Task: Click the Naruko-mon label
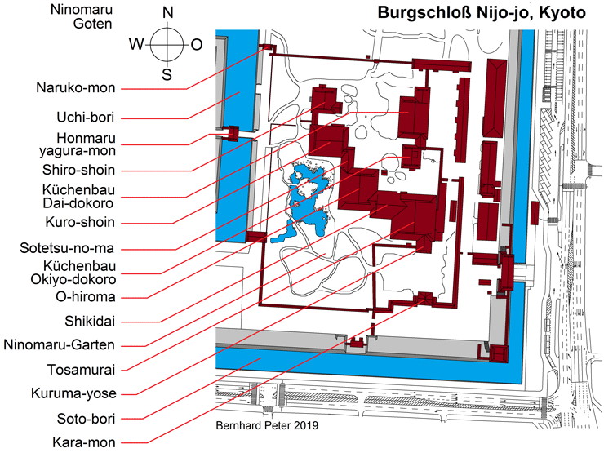click(76, 88)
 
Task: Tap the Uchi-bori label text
click(86, 117)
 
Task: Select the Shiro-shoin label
click(78, 170)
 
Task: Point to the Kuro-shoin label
click(80, 222)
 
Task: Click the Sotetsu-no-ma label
click(67, 248)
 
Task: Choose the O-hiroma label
click(86, 297)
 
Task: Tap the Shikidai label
click(90, 322)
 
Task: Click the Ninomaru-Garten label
click(60, 344)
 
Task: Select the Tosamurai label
click(82, 370)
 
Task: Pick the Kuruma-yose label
click(73, 393)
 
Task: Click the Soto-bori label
click(87, 419)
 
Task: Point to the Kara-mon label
click(84, 442)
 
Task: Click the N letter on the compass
click(168, 13)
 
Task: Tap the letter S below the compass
click(167, 74)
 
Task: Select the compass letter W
click(136, 44)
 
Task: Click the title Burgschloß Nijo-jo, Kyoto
click(482, 13)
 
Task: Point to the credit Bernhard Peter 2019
click(267, 425)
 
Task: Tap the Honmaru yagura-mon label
click(78, 144)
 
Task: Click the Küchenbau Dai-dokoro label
click(78, 197)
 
